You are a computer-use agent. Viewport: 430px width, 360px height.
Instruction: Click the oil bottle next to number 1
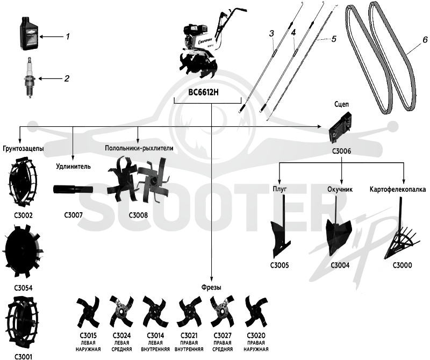point(30,34)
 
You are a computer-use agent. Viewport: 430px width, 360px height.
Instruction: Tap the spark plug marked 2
point(30,78)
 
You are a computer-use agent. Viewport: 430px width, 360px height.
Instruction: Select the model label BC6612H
point(203,92)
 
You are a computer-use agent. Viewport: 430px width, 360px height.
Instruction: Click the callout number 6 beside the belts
point(425,40)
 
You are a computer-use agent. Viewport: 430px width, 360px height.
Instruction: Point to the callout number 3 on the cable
point(271,34)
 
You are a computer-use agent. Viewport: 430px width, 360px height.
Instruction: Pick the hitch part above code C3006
point(340,128)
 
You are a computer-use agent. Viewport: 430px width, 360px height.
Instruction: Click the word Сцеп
point(342,104)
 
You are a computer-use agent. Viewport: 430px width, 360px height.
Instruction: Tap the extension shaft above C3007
point(73,189)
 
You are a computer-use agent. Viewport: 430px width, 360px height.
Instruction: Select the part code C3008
point(138,215)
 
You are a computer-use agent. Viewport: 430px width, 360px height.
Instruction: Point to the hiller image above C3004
point(339,228)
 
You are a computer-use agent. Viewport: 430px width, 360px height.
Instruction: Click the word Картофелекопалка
point(398,190)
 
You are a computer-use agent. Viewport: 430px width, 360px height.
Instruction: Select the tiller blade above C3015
point(88,312)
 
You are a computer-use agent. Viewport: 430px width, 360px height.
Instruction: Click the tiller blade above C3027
point(222,312)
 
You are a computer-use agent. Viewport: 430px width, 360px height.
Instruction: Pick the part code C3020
point(256,335)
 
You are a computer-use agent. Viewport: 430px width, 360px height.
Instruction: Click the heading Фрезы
point(211,287)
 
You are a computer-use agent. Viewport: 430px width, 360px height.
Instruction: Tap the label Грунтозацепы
point(24,149)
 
